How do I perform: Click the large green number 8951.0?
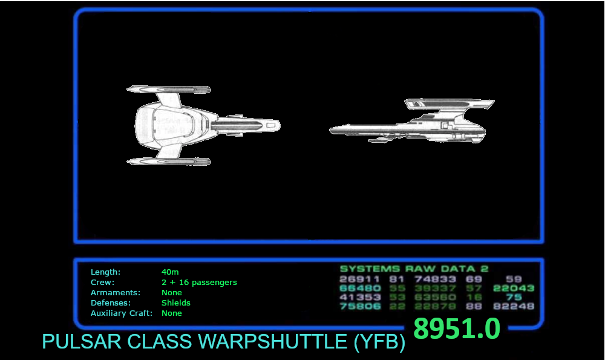point(457,329)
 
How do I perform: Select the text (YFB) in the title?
point(378,342)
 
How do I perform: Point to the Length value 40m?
point(170,272)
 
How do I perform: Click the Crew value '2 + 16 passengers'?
point(199,283)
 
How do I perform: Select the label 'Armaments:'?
point(115,293)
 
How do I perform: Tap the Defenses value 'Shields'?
point(175,303)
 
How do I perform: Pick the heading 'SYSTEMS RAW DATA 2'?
point(414,269)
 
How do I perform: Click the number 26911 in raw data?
point(360,279)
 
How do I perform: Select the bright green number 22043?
point(514,288)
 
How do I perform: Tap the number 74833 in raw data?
point(435,279)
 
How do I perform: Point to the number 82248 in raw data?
point(514,306)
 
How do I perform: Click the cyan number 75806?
point(360,306)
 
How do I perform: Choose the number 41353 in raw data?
point(360,297)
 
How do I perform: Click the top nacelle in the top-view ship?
point(169,90)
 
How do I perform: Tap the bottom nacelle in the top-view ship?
point(169,162)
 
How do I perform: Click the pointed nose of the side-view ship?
point(333,130)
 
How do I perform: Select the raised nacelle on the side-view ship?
point(451,104)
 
